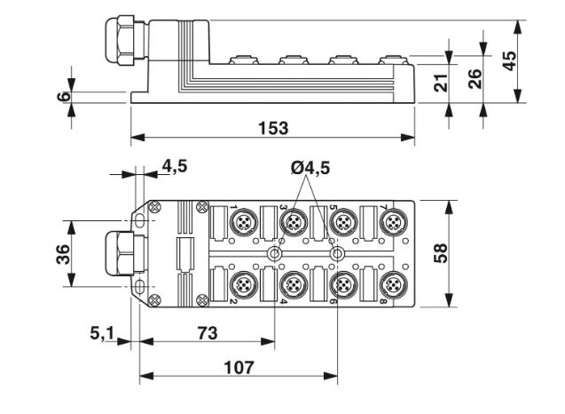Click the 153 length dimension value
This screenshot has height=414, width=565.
pos(273,128)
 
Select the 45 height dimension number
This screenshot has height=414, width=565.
pos(509,60)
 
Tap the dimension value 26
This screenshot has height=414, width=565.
pos(475,78)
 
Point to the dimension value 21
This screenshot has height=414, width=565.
pos(441,83)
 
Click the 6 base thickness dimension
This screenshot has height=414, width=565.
pos(64,96)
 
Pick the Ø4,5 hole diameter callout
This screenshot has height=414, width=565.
pos(310,168)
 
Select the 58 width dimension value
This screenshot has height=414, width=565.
pos(441,253)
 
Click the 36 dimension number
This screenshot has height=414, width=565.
pos(64,254)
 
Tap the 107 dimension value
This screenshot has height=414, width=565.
pos(239,368)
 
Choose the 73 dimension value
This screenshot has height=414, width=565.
pos(208,333)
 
